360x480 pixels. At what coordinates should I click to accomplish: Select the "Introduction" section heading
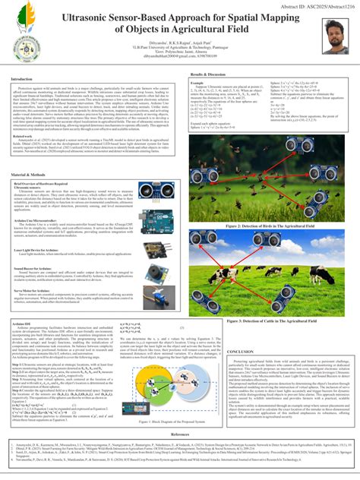coord(26,79)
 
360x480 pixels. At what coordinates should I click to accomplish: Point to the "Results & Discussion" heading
coord(211,74)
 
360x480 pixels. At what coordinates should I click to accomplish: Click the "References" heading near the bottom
coord(179,433)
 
